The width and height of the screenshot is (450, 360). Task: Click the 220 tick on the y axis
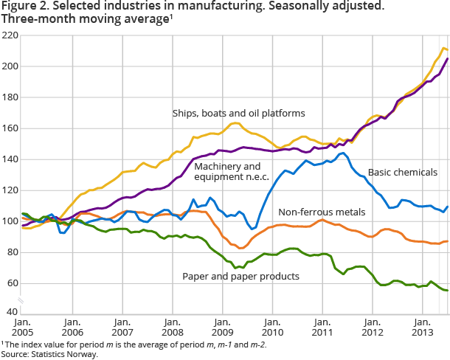[x=10, y=35]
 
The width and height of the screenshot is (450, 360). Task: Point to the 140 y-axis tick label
[x=10, y=159]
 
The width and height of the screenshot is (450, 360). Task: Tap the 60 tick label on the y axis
[x=12, y=283]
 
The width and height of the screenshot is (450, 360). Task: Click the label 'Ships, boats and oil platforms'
[x=238, y=113]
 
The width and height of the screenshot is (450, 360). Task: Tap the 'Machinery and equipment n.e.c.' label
[x=228, y=171]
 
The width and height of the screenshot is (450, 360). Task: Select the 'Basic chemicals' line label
[x=402, y=173]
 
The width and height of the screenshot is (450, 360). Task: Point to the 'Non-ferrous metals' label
[x=321, y=212]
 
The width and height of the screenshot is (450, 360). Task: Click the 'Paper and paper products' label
[x=240, y=276]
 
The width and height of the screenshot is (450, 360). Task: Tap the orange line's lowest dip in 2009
[x=240, y=247]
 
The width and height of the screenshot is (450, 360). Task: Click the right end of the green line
[x=448, y=291]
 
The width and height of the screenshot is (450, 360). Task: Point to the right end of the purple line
[x=448, y=59]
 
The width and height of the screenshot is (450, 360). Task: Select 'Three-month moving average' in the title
[x=81, y=19]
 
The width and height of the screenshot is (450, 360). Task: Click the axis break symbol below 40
[x=21, y=300]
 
